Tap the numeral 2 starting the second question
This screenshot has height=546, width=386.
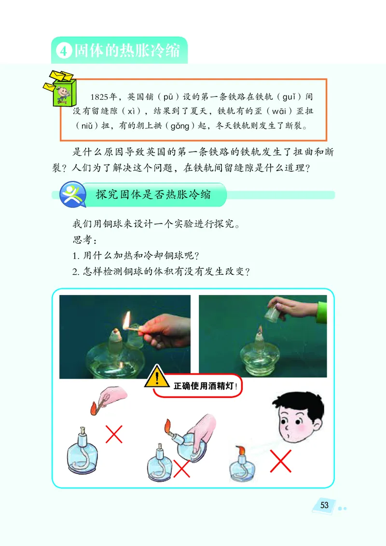click(x=74, y=271)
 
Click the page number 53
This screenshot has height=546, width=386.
click(x=324, y=505)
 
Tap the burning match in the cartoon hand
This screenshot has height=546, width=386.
click(x=94, y=407)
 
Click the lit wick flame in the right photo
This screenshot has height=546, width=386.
click(x=260, y=330)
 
